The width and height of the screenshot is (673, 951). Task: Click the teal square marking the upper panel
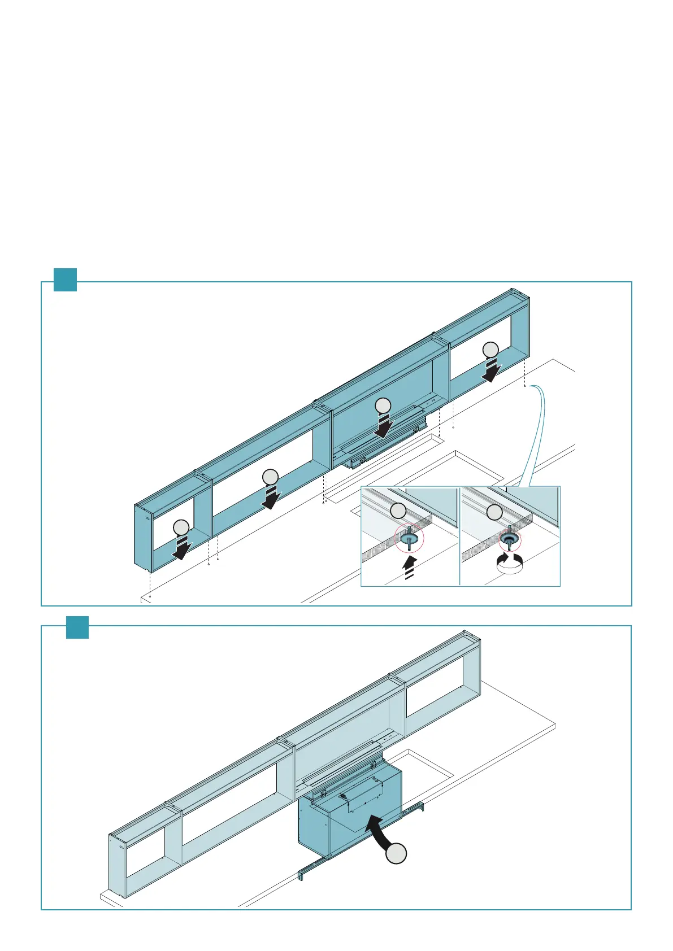(x=65, y=280)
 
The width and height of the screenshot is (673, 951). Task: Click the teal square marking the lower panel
(x=77, y=627)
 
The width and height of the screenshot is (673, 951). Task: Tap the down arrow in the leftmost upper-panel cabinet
(x=182, y=548)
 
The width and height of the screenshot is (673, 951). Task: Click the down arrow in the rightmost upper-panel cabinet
(x=492, y=370)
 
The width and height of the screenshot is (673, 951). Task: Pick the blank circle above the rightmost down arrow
(x=491, y=350)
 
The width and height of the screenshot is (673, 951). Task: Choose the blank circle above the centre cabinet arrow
(x=383, y=405)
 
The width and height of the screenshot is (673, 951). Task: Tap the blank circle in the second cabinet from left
(x=271, y=477)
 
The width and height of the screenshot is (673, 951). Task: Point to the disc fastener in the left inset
(x=410, y=539)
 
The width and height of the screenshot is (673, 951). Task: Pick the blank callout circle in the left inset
(x=398, y=512)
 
